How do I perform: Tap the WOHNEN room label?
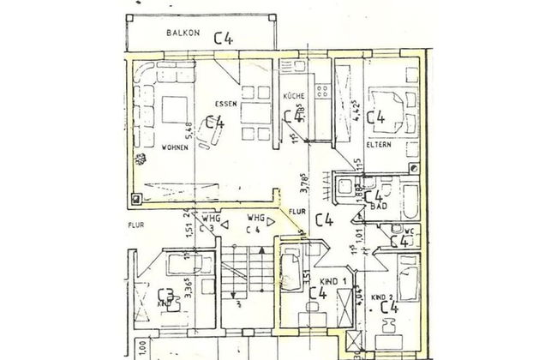176,147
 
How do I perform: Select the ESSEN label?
226,104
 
